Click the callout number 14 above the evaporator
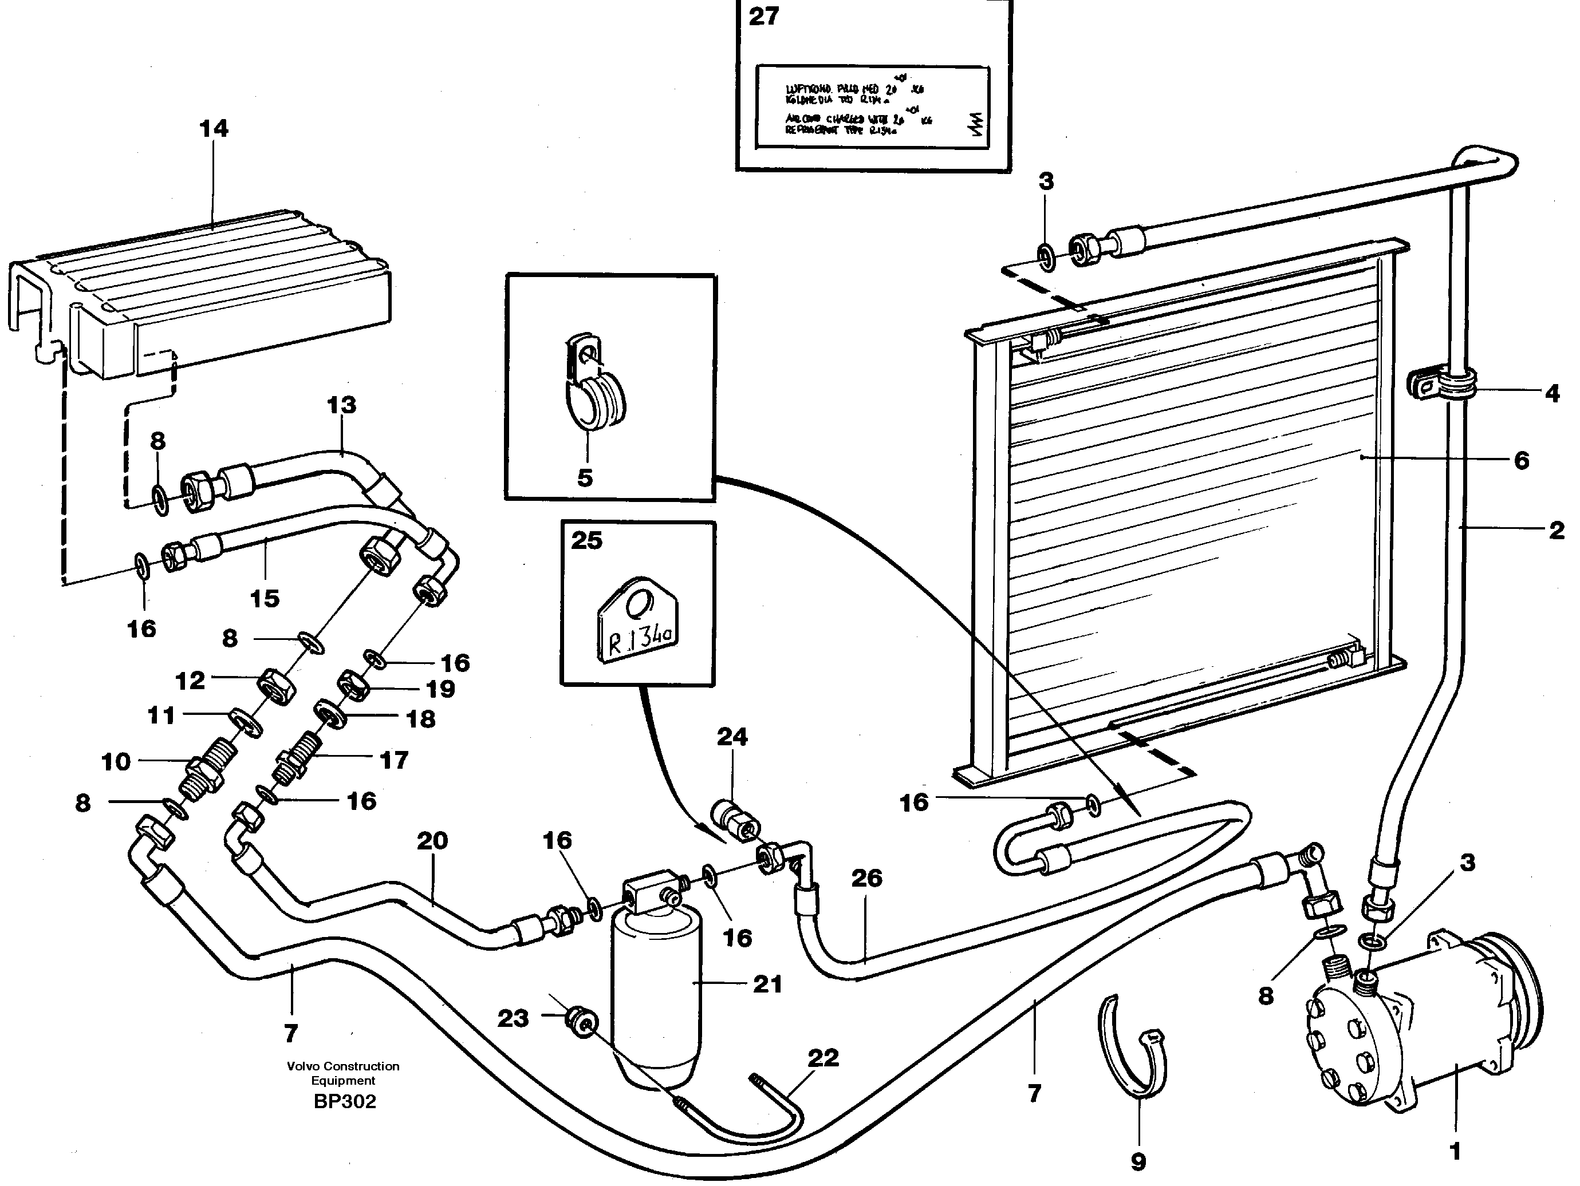pos(214,129)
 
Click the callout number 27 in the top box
pos(763,15)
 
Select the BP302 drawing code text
pos(344,1102)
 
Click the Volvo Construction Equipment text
pos(343,1073)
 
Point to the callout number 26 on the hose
pos(866,878)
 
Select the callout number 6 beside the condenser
pos(1522,461)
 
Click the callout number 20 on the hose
pos(432,840)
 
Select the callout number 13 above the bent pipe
pos(341,405)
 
